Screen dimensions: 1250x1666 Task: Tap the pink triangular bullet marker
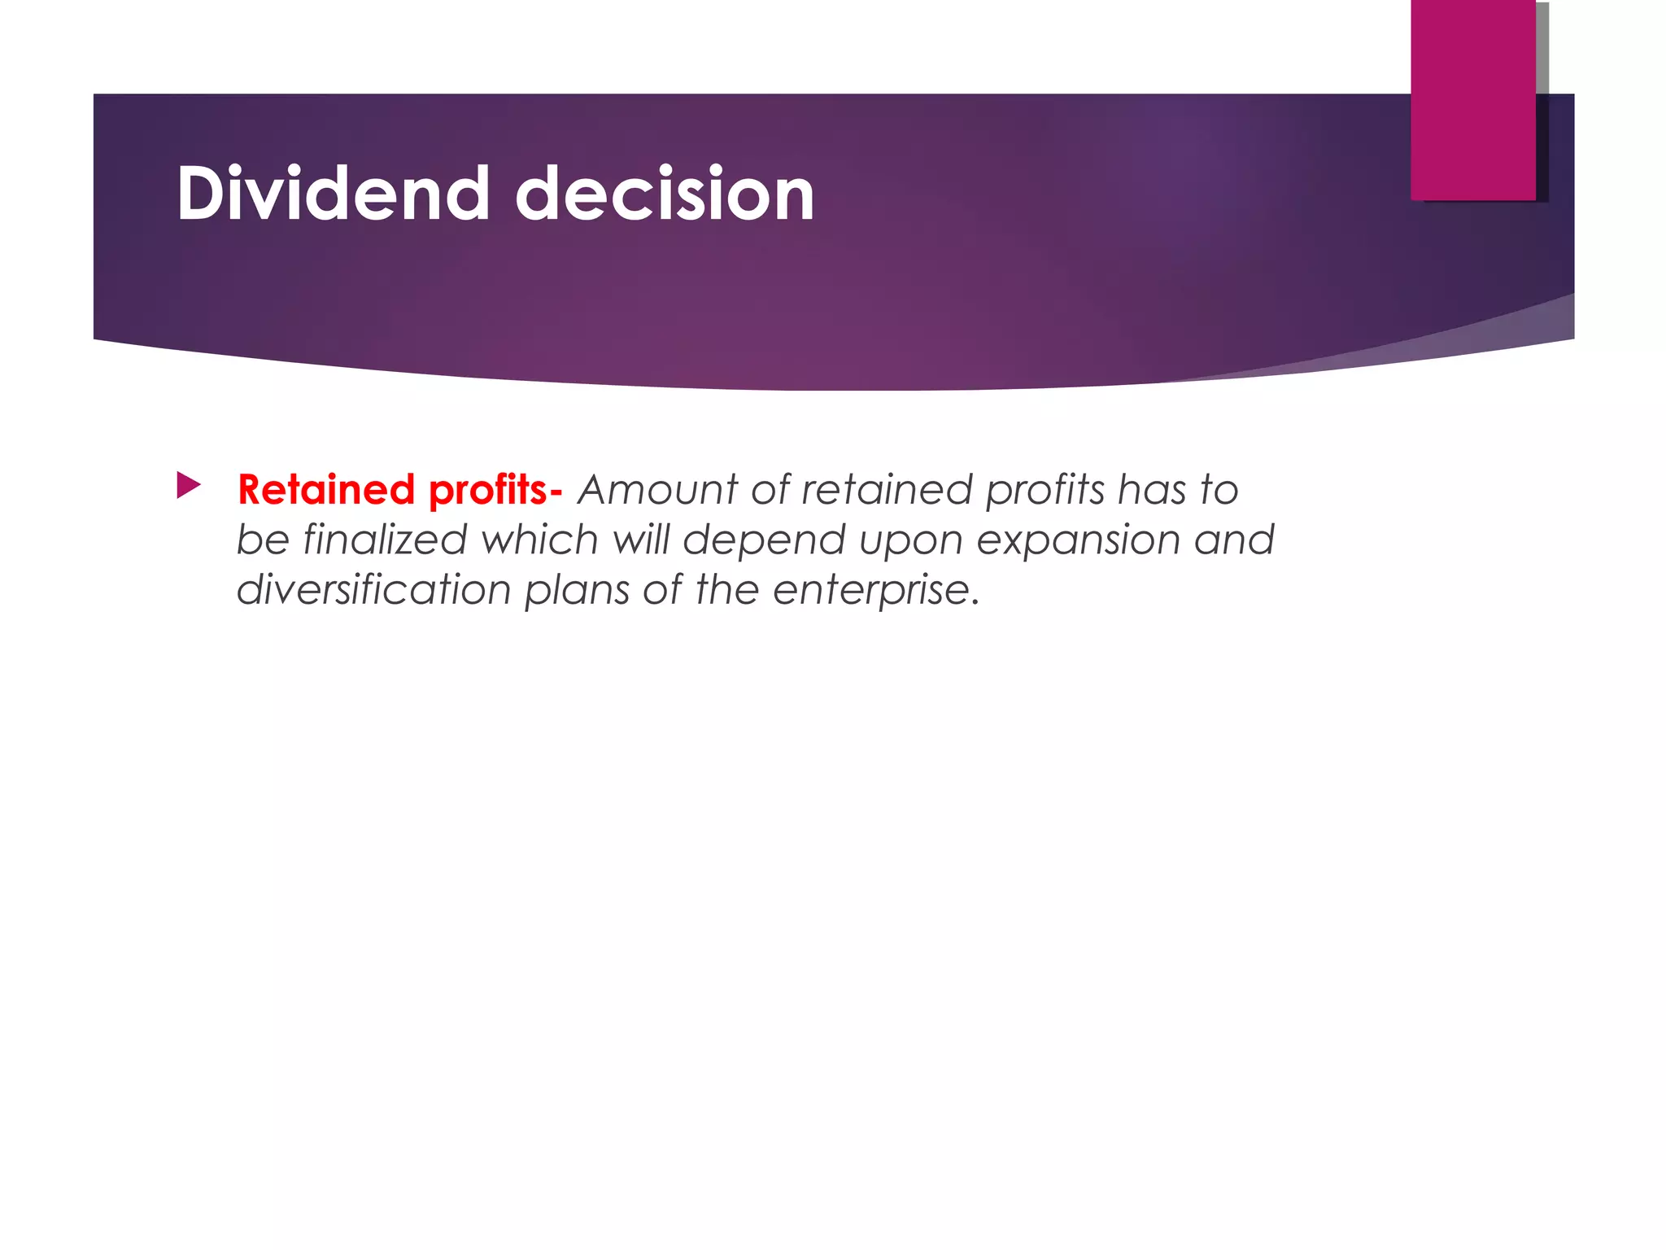(x=188, y=487)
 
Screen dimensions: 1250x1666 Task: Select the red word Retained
(x=326, y=490)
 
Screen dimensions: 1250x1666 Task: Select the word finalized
(x=385, y=540)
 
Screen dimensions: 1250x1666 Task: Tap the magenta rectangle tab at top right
(x=1472, y=99)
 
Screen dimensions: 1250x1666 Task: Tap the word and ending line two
(x=1234, y=540)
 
